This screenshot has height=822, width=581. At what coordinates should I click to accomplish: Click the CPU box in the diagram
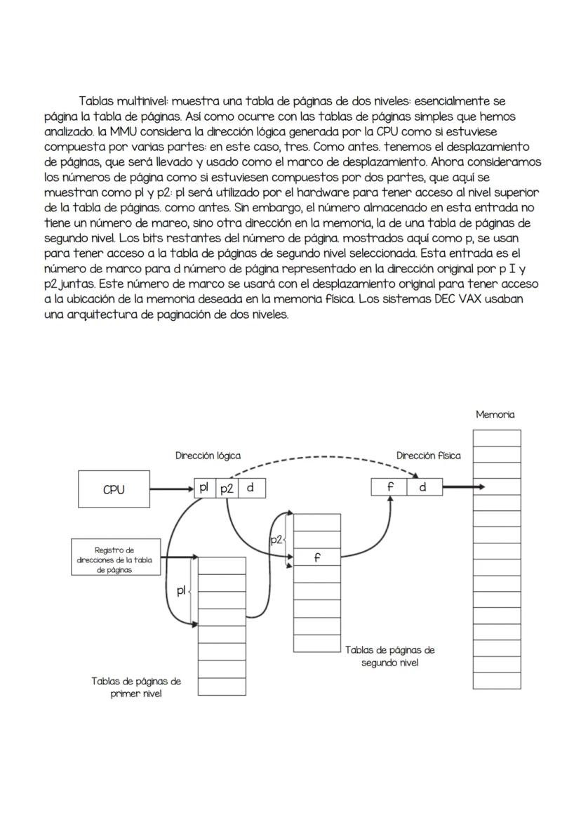tap(113, 490)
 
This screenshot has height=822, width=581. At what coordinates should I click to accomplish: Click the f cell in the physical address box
tap(390, 486)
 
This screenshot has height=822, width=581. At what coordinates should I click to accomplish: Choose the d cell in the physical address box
tap(423, 486)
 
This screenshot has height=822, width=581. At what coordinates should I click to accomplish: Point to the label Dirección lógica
tap(208, 456)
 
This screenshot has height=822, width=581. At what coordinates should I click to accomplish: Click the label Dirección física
tap(428, 456)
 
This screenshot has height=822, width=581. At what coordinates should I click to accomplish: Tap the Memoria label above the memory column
tap(495, 415)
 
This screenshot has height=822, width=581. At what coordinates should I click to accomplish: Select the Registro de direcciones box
tap(113, 559)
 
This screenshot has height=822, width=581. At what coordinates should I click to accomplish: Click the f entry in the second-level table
tap(317, 559)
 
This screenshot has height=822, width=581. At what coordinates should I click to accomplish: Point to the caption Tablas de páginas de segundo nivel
tap(389, 656)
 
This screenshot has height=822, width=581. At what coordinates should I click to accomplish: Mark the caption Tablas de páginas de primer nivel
tap(136, 687)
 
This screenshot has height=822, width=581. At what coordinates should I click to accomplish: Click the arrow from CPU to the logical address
tap(171, 489)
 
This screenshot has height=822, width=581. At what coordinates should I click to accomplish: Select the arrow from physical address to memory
tap(463, 486)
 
